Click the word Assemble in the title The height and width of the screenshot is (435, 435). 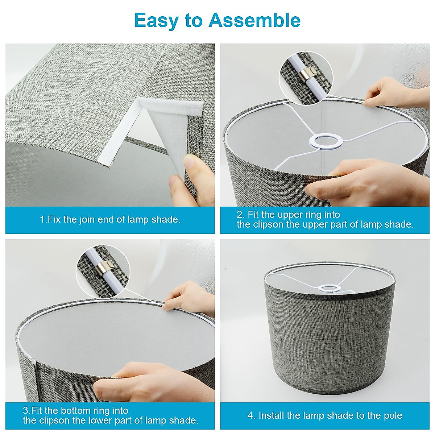tap(254, 20)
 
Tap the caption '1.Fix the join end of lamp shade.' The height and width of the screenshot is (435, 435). tap(110, 219)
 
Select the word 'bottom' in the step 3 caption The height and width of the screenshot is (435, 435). tap(75, 410)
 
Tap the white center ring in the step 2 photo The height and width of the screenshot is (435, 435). tap(325, 141)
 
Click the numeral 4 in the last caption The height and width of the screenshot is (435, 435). tap(250, 415)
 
